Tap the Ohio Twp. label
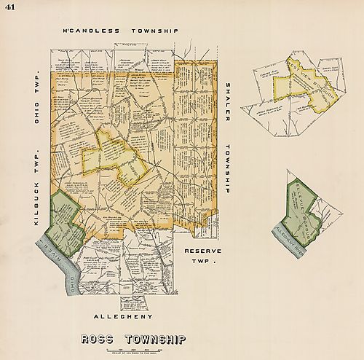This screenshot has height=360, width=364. [36, 103]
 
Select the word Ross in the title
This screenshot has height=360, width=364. [100, 339]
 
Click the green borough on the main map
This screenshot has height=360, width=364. [62, 222]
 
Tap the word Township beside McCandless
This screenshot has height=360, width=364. [153, 32]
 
